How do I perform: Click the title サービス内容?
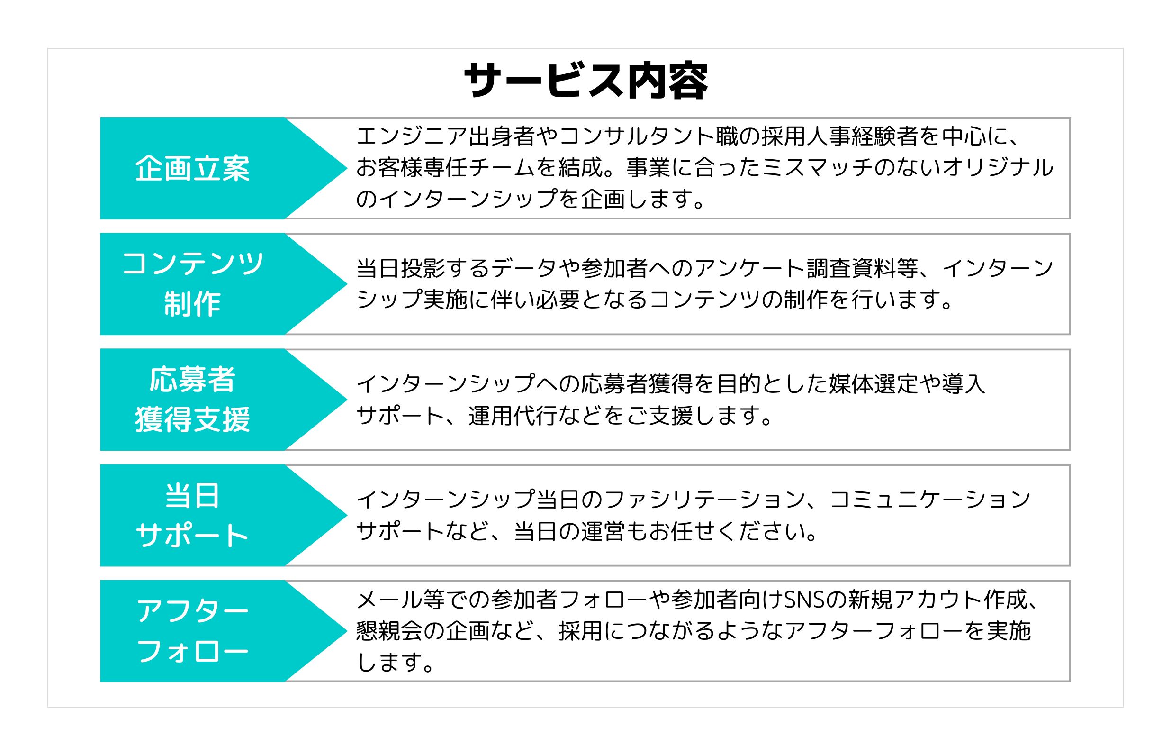pos(585,81)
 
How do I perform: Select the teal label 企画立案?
pos(192,169)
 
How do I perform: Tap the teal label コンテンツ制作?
pos(192,284)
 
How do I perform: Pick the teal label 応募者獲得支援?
pos(192,400)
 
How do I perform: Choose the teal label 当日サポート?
pos(192,515)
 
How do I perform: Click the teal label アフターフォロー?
pos(192,631)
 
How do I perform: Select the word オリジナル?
pos(998,168)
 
